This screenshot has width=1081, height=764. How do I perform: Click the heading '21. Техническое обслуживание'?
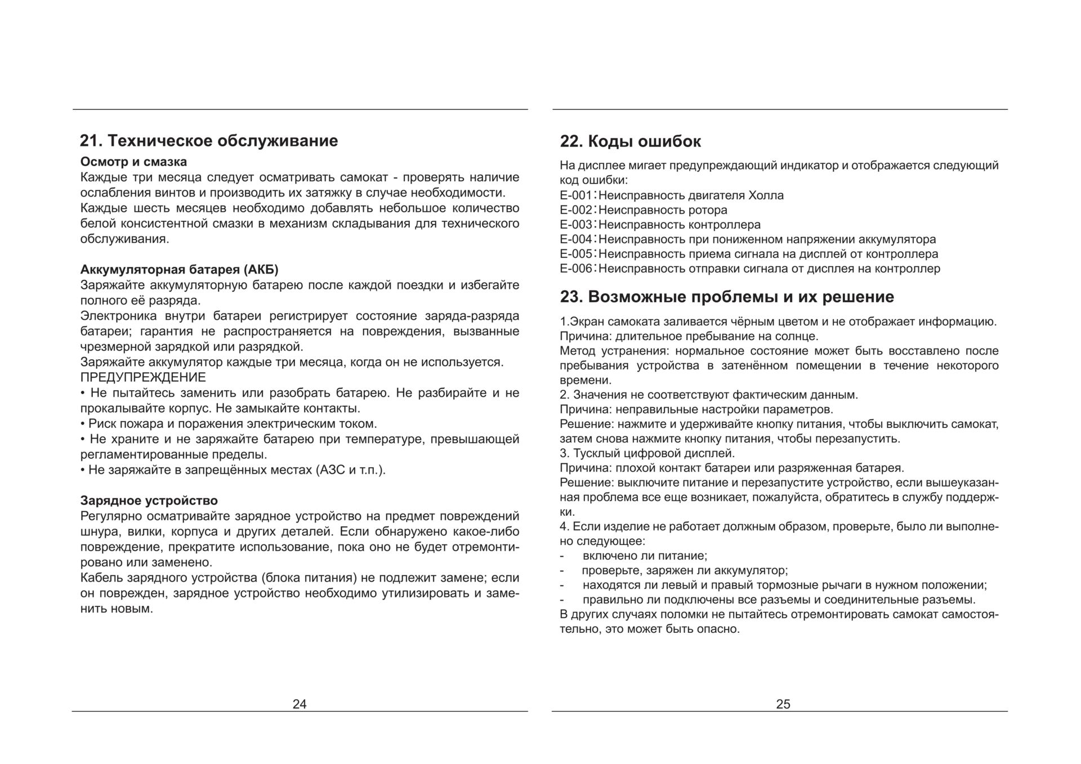(209, 141)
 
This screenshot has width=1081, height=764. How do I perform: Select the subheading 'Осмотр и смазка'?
(133, 162)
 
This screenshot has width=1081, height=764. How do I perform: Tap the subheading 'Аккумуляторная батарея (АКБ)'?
(179, 269)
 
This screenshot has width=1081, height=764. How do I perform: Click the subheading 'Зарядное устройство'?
(149, 501)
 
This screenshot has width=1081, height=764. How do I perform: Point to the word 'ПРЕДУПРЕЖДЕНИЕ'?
(143, 377)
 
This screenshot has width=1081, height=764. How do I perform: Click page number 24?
(300, 704)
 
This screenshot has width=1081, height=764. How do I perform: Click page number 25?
(783, 704)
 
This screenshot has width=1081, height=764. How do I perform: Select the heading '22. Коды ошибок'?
(630, 141)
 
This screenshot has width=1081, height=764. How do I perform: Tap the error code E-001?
(576, 195)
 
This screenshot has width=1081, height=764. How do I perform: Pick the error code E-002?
(576, 210)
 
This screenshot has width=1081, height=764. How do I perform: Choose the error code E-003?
(576, 225)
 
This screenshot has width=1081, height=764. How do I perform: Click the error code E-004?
(576, 239)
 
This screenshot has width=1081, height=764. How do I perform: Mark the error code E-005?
(576, 254)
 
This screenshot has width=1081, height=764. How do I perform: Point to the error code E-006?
(576, 269)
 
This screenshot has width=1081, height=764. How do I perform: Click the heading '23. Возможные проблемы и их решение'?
(727, 297)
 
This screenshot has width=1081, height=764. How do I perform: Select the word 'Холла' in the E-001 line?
(766, 195)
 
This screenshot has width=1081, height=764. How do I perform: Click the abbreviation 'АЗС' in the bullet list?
(332, 470)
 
